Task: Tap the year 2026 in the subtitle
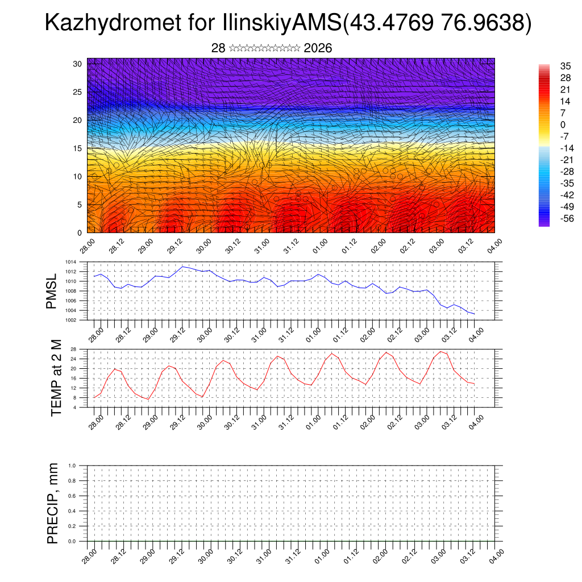[318, 48]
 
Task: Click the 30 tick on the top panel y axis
[78, 64]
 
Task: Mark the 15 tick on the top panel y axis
[78, 148]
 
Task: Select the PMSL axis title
[52, 291]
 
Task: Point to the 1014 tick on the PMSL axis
[70, 262]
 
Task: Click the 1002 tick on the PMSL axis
[70, 320]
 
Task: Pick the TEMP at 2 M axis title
[56, 377]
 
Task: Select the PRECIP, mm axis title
[53, 503]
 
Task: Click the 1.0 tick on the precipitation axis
[72, 465]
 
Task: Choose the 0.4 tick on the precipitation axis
[72, 511]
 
